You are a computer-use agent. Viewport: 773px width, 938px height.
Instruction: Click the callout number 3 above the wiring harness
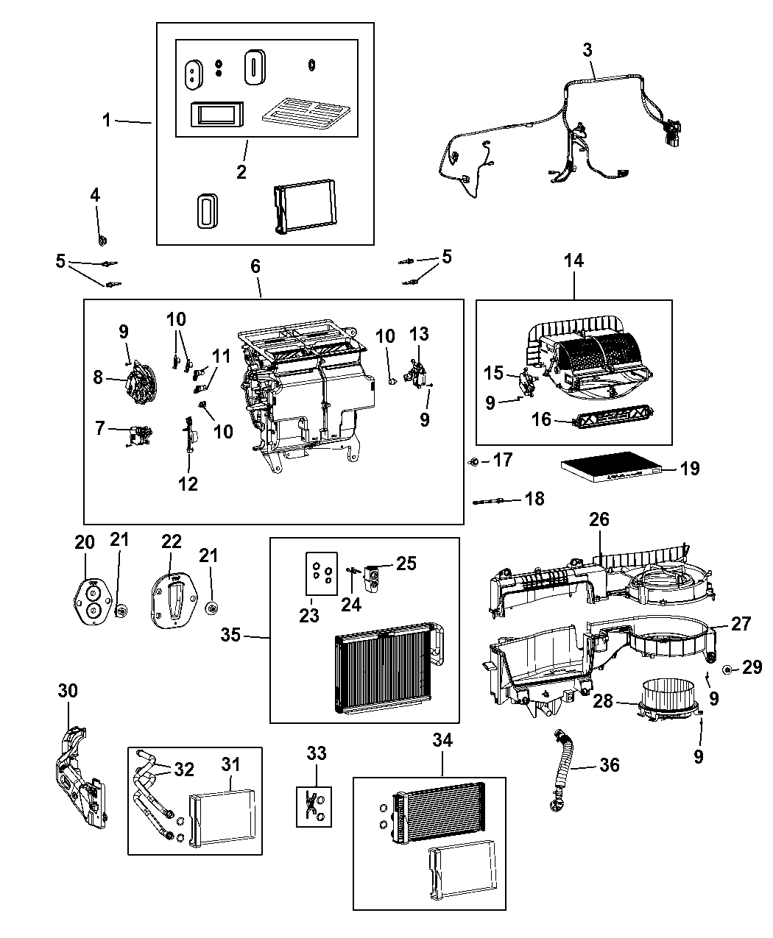click(x=587, y=50)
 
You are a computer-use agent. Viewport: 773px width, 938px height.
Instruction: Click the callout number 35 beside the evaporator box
click(x=231, y=634)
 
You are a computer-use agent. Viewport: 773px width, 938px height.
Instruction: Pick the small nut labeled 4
click(x=101, y=239)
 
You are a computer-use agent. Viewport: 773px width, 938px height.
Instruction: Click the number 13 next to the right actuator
click(x=418, y=335)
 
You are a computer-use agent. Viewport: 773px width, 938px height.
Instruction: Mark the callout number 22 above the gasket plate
click(x=171, y=541)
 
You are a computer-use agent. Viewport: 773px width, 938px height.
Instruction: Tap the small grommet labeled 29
click(x=727, y=669)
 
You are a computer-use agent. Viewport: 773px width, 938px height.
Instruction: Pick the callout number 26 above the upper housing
click(x=599, y=519)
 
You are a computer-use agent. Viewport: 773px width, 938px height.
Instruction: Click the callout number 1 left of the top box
click(x=107, y=119)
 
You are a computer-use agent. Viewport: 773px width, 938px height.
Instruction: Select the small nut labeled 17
click(x=474, y=462)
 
